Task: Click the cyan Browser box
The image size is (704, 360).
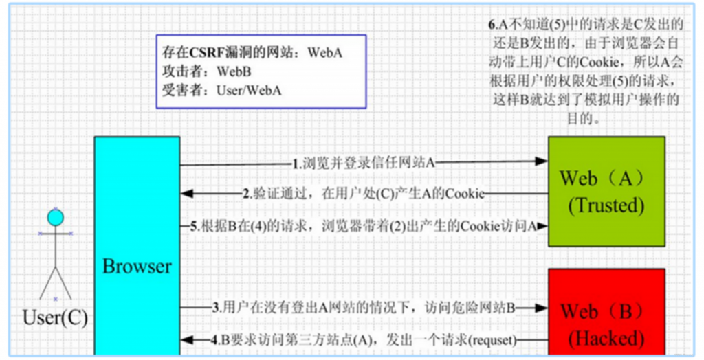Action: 137,246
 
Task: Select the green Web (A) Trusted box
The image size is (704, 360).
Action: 606,192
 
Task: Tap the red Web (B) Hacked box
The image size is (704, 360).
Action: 606,313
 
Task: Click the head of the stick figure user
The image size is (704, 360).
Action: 56,218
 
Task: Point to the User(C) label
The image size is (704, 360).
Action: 55,318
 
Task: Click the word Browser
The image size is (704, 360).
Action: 137,267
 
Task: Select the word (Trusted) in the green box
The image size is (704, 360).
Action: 606,205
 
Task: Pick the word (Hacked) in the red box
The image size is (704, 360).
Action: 606,339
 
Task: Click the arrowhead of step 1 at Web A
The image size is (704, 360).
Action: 542,161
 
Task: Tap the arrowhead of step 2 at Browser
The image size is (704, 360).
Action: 186,194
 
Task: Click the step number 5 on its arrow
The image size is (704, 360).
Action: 193,227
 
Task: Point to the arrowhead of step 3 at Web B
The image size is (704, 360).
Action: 542,308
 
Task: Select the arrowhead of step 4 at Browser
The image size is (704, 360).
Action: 186,340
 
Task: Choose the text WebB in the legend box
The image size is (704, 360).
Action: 234,71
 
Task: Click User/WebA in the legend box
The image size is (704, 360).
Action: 249,91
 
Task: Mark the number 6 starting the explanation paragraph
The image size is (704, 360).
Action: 491,25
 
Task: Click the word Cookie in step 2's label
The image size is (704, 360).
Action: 469,194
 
